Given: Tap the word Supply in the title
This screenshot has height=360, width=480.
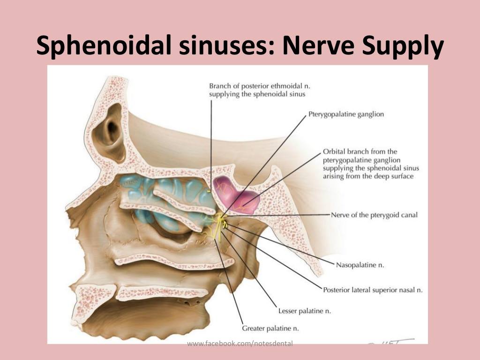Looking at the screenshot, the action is pos(403,46).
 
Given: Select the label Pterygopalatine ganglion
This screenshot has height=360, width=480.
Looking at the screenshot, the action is pos(346,114).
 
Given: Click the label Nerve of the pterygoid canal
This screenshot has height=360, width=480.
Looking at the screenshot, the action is pos(374,215).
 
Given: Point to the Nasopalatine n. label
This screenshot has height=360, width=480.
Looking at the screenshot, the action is pos(360,265).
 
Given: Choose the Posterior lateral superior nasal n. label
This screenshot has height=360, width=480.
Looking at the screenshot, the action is pos(373,290).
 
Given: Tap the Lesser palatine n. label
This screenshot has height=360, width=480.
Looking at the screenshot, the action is pos(305,311).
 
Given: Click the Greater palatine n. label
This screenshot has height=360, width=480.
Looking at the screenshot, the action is pos(270,329).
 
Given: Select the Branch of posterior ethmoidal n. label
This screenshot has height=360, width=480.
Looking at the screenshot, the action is pos(257,90).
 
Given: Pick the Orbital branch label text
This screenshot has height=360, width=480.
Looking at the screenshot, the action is pos(371,164).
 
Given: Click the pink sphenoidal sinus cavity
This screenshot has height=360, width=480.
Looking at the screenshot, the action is pos(236,195).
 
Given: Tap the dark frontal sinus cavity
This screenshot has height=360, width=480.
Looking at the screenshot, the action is pos(111,132).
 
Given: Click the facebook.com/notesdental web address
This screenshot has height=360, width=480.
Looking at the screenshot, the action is pos(240,344).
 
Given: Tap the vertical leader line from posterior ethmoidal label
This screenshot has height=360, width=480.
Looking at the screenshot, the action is pos(211,146).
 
